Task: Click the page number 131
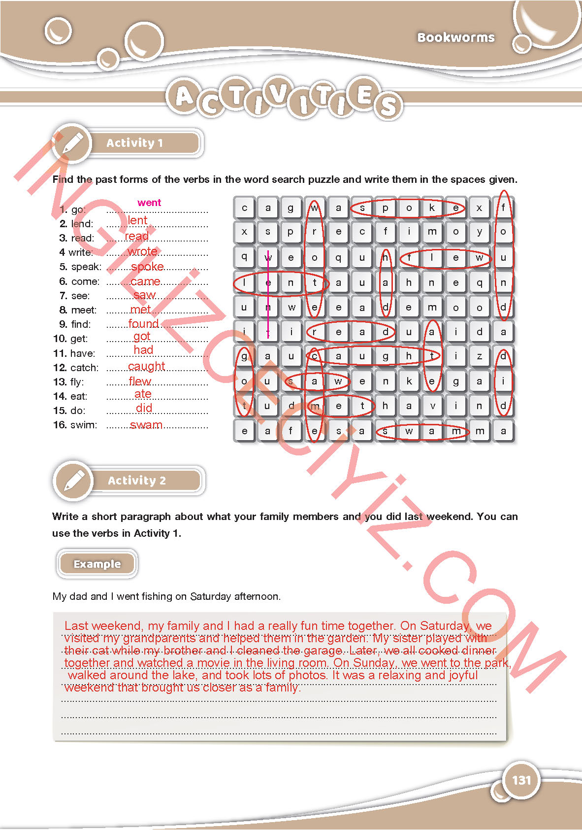521,780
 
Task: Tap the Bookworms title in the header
455,37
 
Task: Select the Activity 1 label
134,143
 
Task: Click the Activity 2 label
136,481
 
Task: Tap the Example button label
97,564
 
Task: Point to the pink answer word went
149,203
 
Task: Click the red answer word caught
146,366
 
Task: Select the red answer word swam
146,425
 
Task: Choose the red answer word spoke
147,267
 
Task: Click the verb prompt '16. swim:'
75,425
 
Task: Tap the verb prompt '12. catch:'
76,368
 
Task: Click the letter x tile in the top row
479,207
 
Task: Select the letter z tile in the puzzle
479,356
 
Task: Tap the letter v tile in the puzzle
432,406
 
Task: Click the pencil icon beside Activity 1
72,143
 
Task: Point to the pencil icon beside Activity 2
74,480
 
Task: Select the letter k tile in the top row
432,207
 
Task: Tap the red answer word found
143,324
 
